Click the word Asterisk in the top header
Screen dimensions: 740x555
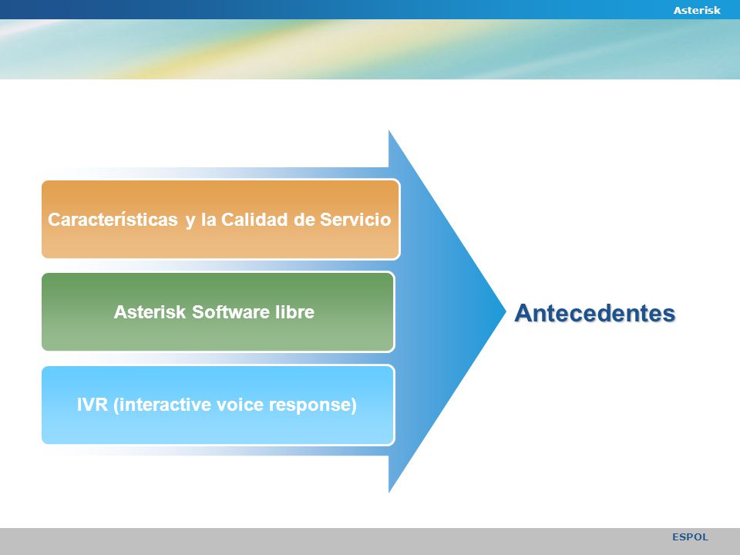[x=697, y=10]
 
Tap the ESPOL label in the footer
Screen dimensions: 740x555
[x=690, y=537]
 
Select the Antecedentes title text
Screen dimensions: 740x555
[x=594, y=313]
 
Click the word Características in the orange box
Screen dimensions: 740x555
[x=113, y=220]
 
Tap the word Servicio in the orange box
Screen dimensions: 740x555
[x=355, y=220]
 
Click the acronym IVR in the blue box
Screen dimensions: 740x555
[x=92, y=405]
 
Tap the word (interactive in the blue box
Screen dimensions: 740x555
[x=161, y=405]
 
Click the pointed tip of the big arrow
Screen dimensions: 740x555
[x=506, y=311]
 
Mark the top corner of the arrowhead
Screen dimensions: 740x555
[x=388, y=131]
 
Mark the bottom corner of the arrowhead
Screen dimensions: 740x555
[x=388, y=493]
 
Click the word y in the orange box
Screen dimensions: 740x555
[x=190, y=221]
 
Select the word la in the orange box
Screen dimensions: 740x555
[x=208, y=220]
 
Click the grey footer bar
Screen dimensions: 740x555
[x=370, y=541]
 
